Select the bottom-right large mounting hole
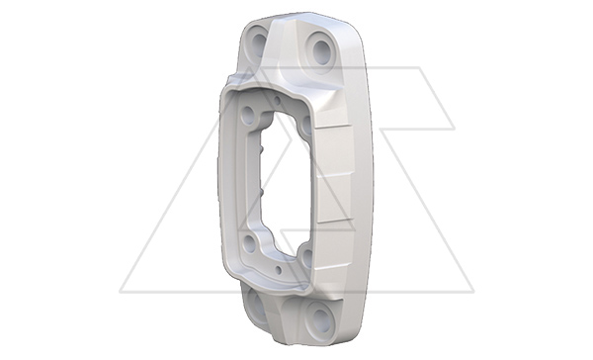coord(318,317)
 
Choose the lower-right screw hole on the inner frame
coord(305,259)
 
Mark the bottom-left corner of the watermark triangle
coord(121,292)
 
